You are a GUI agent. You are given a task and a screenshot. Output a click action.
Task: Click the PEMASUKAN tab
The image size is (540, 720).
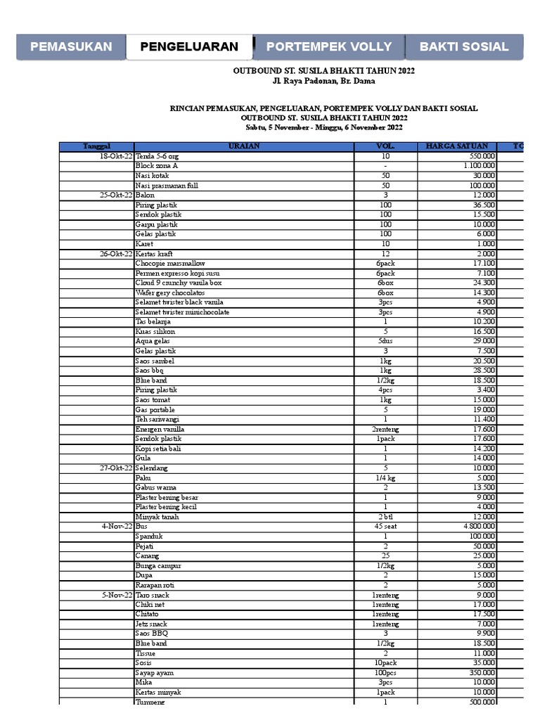click(x=70, y=47)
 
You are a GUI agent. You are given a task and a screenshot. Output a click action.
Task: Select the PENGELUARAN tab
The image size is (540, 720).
click(x=189, y=47)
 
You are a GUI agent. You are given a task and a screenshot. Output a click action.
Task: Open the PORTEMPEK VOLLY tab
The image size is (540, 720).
click(x=329, y=47)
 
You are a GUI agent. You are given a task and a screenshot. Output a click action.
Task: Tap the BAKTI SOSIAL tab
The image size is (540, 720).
click(x=463, y=47)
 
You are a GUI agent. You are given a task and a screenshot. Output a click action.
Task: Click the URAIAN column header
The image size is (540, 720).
click(x=243, y=146)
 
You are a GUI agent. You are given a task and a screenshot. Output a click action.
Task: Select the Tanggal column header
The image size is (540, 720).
click(x=96, y=146)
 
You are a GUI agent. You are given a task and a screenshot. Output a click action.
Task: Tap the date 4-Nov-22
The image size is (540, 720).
click(x=117, y=526)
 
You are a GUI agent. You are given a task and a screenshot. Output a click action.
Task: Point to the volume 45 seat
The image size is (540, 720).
click(x=385, y=526)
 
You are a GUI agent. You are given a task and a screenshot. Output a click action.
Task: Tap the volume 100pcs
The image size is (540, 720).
click(x=385, y=672)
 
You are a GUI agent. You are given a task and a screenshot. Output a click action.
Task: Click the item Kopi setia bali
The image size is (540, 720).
click(x=159, y=448)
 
